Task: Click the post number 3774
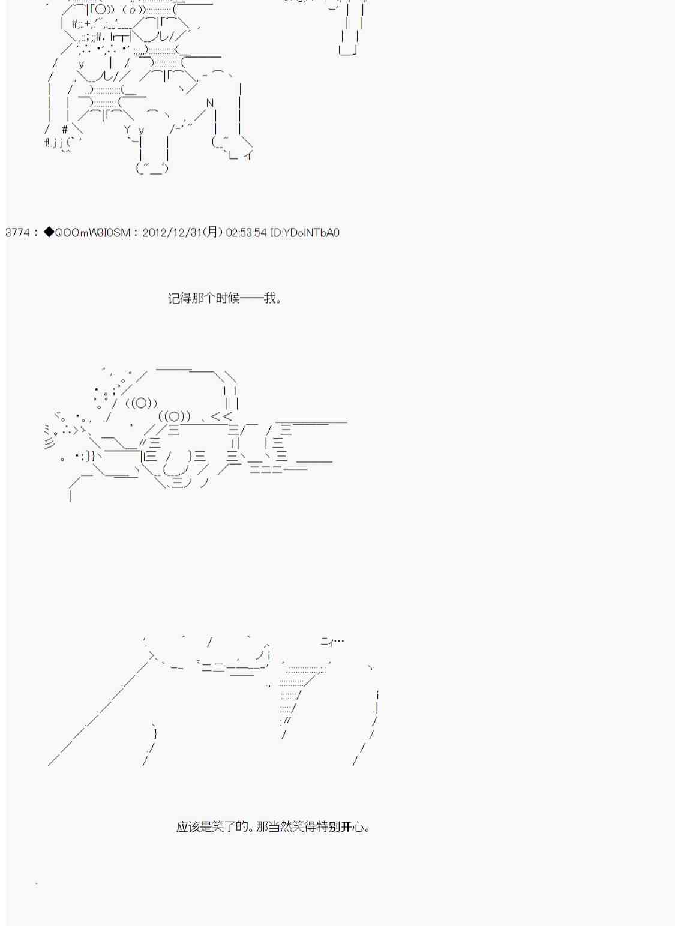[x=17, y=233]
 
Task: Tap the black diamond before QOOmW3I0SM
[x=49, y=232]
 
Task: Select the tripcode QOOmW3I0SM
[x=92, y=233]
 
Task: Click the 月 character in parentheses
[x=212, y=232]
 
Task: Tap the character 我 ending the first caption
[x=270, y=298]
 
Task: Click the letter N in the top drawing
[x=210, y=103]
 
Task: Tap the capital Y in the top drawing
[x=127, y=130]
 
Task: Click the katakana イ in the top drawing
[x=248, y=155]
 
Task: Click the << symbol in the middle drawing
[x=221, y=416]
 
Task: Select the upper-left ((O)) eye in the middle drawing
[x=142, y=403]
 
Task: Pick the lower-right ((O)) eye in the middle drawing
[x=175, y=416]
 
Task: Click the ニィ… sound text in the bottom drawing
[x=332, y=641]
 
